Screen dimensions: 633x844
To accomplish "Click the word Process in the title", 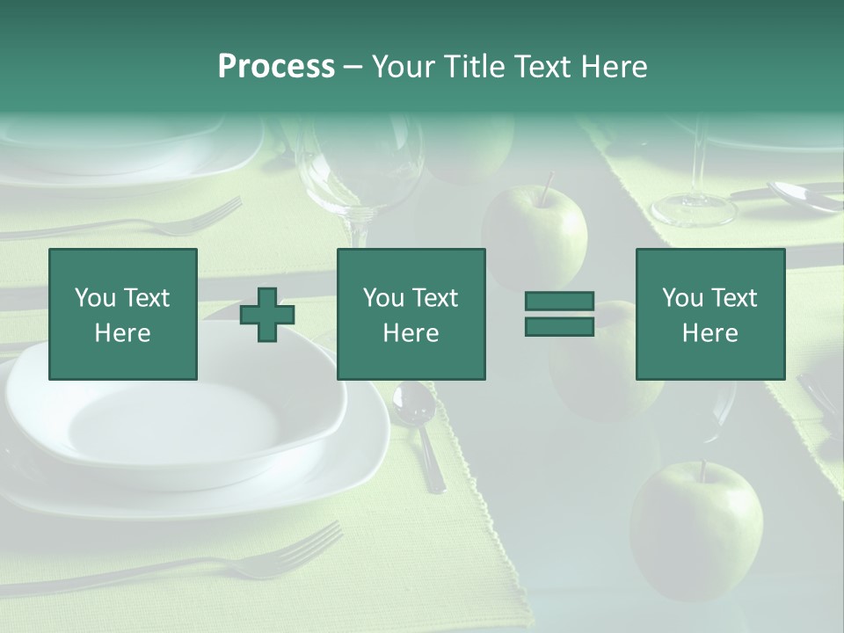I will [x=276, y=67].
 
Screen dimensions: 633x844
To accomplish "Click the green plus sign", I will [x=267, y=315].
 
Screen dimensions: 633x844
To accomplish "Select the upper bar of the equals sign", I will [x=559, y=302].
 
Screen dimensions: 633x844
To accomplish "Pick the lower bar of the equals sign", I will [x=559, y=326].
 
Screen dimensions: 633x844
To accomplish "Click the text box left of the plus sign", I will [x=123, y=315].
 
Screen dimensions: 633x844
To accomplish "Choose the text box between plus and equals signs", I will [x=411, y=315].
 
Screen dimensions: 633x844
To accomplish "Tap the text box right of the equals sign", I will [x=710, y=315].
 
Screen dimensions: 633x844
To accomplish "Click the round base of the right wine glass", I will [x=693, y=209].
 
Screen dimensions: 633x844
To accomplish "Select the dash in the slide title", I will [x=353, y=67].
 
